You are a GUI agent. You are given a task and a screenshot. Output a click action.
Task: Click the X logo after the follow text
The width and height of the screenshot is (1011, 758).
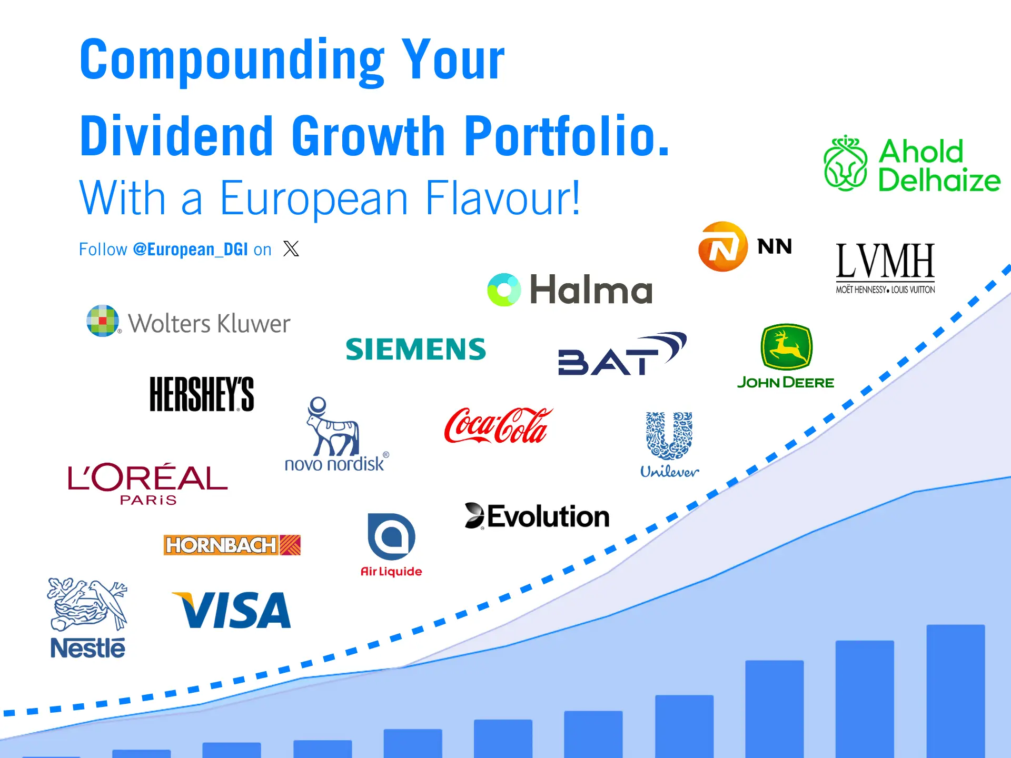[291, 248]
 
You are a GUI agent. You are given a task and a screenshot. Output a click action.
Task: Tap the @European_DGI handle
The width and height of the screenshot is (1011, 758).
[190, 249]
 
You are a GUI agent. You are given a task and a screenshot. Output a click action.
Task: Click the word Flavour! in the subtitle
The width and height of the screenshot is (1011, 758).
[503, 198]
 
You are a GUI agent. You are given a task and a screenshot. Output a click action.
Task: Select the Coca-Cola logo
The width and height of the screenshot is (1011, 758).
[499, 425]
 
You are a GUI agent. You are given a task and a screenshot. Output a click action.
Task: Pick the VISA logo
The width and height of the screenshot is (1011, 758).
[232, 610]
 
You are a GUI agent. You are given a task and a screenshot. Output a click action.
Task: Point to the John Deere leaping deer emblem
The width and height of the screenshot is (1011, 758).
[787, 347]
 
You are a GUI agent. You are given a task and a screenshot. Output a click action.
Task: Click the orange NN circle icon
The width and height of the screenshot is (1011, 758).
[723, 246]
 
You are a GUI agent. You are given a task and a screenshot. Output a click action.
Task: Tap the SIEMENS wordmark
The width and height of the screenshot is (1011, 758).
[416, 349]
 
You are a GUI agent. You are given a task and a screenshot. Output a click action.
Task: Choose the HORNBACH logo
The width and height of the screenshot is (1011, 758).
[232, 545]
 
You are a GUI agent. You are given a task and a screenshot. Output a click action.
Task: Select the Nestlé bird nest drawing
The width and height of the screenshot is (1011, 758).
[87, 604]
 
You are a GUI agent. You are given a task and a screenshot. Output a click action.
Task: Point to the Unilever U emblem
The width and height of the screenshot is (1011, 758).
[669, 436]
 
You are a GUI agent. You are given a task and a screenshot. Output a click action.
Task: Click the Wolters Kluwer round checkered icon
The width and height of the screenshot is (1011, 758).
[103, 321]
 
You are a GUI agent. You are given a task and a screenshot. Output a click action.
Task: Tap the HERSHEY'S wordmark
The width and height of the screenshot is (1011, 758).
[202, 394]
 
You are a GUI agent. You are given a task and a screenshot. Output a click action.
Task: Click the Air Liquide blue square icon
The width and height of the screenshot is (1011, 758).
[391, 536]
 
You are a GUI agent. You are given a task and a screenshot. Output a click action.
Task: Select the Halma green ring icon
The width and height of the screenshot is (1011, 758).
[504, 290]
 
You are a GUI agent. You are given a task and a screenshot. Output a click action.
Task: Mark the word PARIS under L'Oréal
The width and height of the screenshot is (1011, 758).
[148, 500]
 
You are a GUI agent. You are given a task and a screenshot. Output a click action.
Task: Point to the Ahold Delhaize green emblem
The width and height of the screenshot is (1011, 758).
[845, 163]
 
